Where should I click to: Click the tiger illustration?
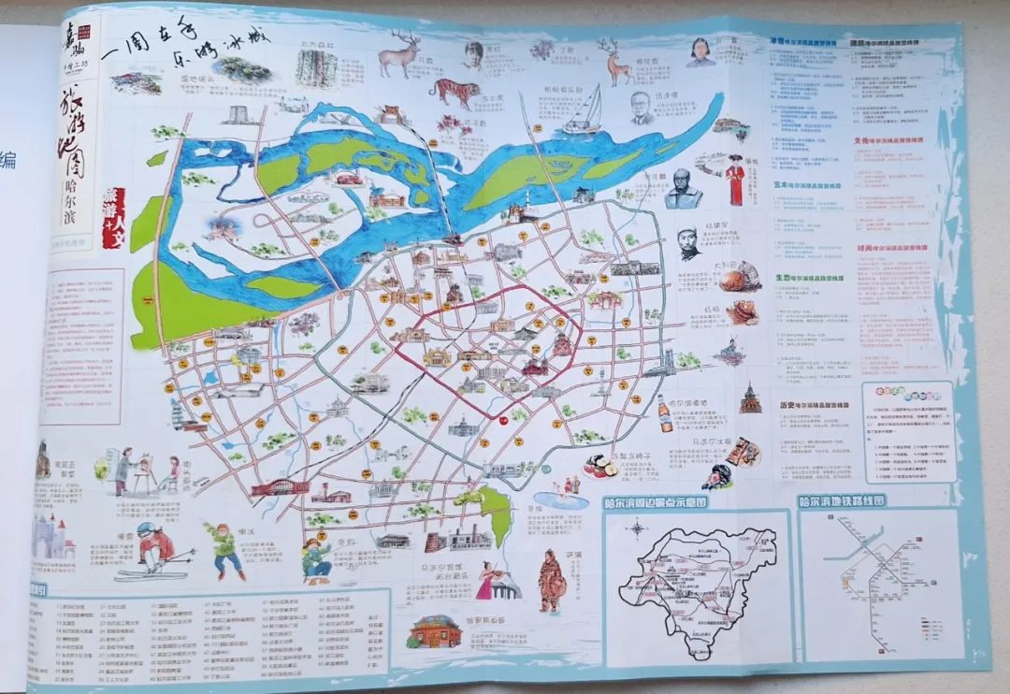pyautogui.click(x=455, y=93)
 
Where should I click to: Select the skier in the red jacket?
pyautogui.click(x=152, y=548)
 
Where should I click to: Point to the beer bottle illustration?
pyautogui.click(x=664, y=412)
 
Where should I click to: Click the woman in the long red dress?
pyautogui.click(x=735, y=180)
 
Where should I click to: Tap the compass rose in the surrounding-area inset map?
pyautogui.click(x=638, y=528)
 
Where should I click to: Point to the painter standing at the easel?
pyautogui.click(x=123, y=470)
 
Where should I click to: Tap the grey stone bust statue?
pyautogui.click(x=683, y=189)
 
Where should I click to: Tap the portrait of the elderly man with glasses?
pyautogui.click(x=642, y=107)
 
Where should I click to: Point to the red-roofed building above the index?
pyautogui.click(x=436, y=631)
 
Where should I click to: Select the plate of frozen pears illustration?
pyautogui.click(x=599, y=464)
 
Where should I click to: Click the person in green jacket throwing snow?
pyautogui.click(x=225, y=546)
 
